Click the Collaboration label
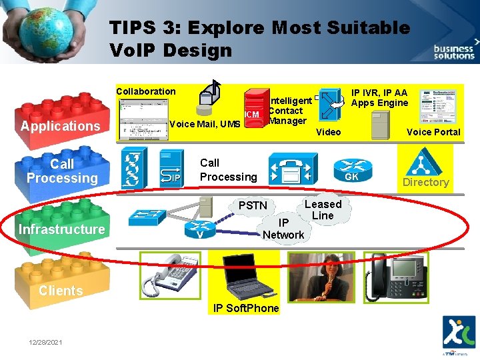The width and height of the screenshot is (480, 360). [146, 91]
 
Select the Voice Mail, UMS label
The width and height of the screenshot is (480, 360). [205, 124]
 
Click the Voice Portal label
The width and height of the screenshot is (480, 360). [433, 132]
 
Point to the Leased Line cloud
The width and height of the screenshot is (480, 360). [323, 210]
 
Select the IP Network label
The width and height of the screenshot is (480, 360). [283, 229]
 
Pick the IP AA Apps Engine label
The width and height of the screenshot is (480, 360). [379, 97]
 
